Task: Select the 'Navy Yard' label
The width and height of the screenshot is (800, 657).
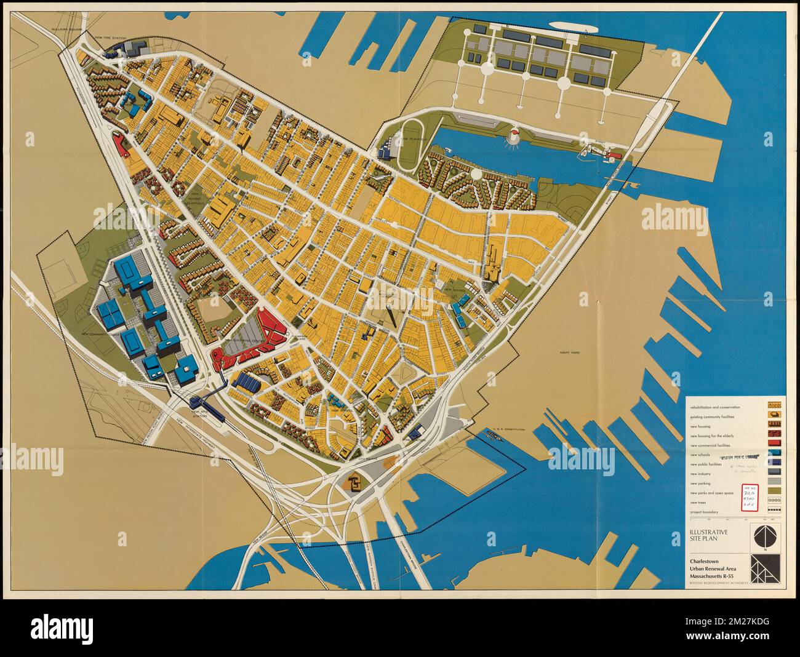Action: [x=570, y=352]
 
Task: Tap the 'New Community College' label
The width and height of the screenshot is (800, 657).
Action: [x=102, y=335]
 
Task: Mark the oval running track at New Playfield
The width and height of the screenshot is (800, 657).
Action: [x=408, y=145]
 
